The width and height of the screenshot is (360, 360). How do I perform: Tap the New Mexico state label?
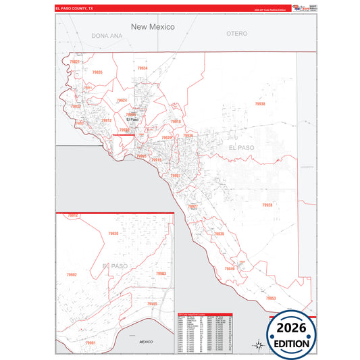[153, 27]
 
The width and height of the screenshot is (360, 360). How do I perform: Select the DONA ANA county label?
[107, 35]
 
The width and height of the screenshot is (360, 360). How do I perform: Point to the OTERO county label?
[237, 33]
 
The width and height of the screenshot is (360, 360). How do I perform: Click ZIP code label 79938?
[260, 104]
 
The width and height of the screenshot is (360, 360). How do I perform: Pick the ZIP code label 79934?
[143, 68]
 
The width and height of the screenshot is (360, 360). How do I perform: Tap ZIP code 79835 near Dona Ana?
[97, 72]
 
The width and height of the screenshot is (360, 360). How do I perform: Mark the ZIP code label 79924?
[122, 100]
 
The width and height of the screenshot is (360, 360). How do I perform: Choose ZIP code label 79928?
[267, 205]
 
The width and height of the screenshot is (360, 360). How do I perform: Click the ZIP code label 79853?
[271, 298]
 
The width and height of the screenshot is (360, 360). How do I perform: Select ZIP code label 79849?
[230, 269]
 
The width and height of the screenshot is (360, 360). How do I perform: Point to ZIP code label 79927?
[192, 207]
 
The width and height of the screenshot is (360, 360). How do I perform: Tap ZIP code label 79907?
[176, 176]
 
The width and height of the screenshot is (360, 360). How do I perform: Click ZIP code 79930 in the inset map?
[113, 234]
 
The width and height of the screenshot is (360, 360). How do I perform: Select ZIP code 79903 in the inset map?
[161, 274]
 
